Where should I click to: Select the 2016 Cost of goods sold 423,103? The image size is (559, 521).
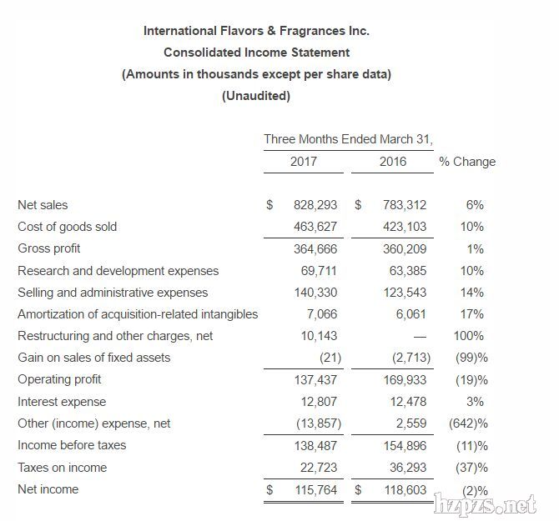405,227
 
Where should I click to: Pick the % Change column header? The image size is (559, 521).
467,162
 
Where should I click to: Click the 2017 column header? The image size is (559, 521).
304,162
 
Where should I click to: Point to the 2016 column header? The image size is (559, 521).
393,162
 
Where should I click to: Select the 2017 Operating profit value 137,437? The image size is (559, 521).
317,379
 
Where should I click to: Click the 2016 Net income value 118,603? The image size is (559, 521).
405,489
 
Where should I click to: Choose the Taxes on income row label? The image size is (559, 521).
63,468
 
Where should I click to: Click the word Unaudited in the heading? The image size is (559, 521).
256,96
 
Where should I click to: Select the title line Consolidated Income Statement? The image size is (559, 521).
256,53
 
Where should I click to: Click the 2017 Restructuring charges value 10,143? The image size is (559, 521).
320,336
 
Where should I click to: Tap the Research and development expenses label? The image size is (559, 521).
118,271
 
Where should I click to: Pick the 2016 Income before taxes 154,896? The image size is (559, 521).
405,445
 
